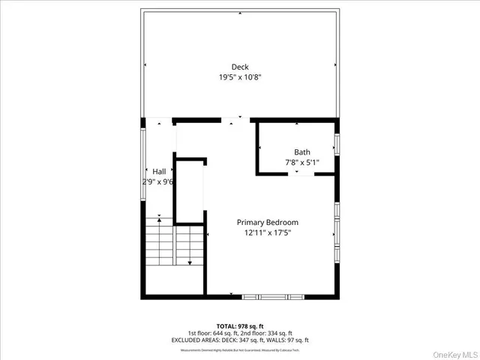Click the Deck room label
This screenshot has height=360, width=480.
[240, 67]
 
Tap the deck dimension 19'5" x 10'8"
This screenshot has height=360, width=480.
[240, 77]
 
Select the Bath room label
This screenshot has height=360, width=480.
[301, 152]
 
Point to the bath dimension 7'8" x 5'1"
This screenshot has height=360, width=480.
[301, 162]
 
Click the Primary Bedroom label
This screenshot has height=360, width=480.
[268, 222]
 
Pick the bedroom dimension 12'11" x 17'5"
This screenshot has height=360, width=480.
[268, 232]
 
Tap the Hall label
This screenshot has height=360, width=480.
[159, 172]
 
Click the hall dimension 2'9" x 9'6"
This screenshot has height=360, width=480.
[158, 181]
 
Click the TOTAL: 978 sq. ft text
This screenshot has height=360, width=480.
[239, 326]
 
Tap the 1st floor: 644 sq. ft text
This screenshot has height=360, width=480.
[213, 333]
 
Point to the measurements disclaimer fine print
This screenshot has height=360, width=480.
[239, 349]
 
